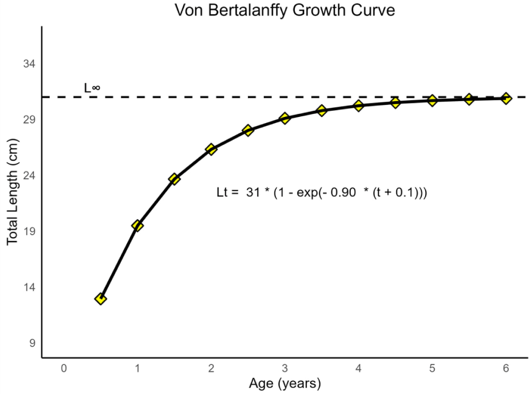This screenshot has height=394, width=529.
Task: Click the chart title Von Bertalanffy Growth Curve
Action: click(285, 10)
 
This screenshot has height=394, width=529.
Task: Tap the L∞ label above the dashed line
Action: click(92, 87)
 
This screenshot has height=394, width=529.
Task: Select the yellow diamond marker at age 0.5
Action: click(101, 299)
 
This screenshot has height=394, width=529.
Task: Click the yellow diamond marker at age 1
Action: click(137, 225)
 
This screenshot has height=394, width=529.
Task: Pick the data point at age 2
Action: click(211, 149)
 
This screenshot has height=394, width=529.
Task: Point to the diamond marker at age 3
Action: click(285, 119)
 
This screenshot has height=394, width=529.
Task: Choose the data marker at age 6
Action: click(506, 98)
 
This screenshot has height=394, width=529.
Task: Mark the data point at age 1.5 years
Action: click(175, 179)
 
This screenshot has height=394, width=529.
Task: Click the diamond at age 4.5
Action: click(396, 103)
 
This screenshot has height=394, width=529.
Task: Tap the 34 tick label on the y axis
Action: click(30, 64)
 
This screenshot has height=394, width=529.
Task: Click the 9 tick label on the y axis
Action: click(32, 343)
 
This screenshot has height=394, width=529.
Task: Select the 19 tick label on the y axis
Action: click(30, 231)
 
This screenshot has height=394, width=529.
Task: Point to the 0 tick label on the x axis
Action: click(64, 368)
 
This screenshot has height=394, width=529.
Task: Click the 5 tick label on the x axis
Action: click(432, 368)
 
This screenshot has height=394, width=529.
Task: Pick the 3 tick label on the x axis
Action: click(285, 368)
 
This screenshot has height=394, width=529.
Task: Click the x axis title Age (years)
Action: click(285, 383)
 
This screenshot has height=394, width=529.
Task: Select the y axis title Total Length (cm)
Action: click(13, 191)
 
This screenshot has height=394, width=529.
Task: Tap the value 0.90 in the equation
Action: click(343, 192)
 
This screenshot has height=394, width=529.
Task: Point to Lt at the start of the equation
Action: click(223, 192)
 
